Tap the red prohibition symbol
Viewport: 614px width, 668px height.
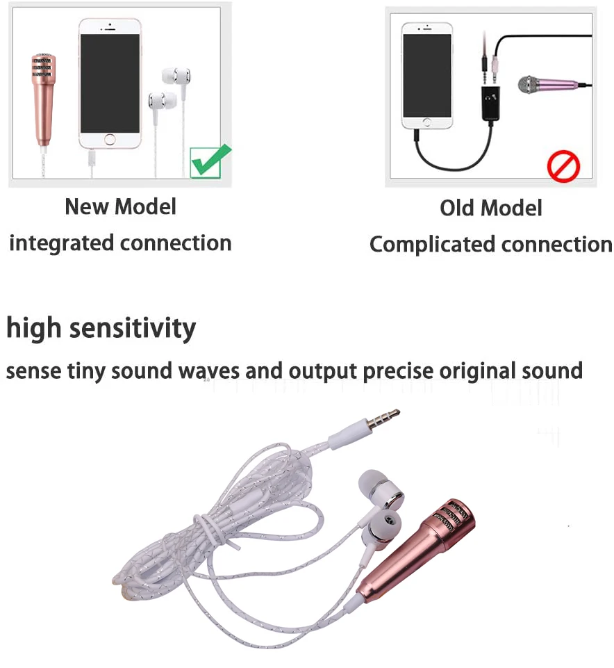(563, 166)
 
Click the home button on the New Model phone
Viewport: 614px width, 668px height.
(110, 140)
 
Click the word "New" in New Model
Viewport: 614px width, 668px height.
(87, 206)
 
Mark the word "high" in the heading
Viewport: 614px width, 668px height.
(31, 327)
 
